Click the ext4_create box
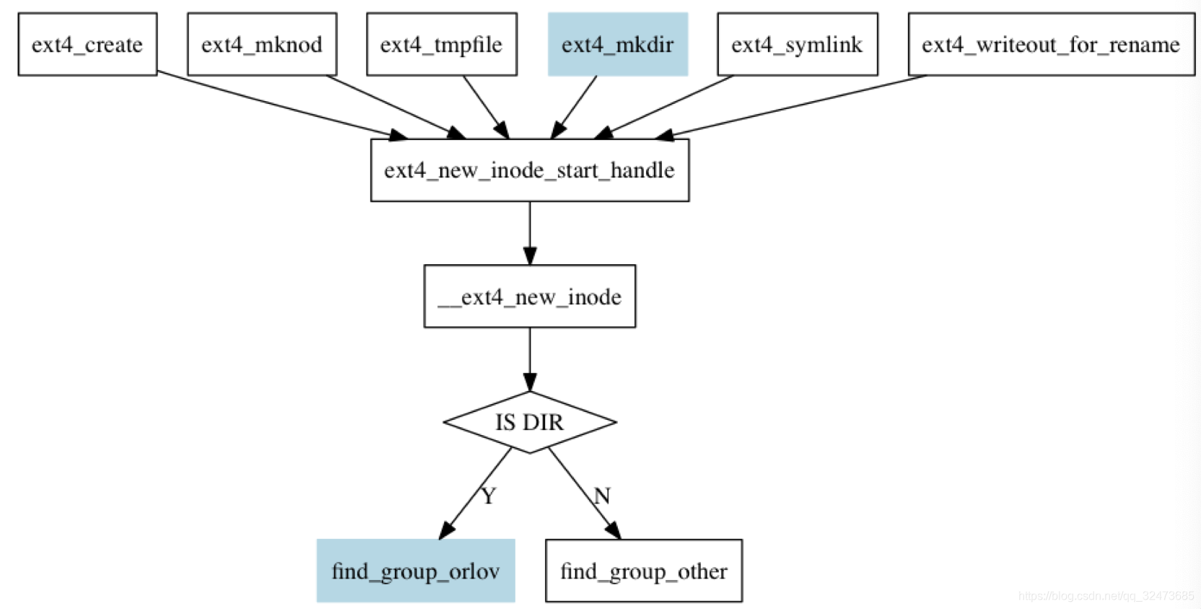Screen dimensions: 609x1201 pyautogui.click(x=87, y=44)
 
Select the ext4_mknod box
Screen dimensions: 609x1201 pyautogui.click(x=261, y=44)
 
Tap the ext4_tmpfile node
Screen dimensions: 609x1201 pyautogui.click(x=441, y=44)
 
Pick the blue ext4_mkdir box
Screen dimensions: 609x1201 pyautogui.click(x=618, y=44)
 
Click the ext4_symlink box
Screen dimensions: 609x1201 pyautogui.click(x=797, y=44)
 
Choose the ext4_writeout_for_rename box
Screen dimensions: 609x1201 pyautogui.click(x=1051, y=44)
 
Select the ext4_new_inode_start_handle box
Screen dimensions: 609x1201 pyautogui.click(x=529, y=170)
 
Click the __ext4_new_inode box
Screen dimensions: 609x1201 pyautogui.click(x=529, y=297)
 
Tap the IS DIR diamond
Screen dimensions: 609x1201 pyautogui.click(x=529, y=422)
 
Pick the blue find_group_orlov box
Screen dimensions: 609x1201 pyautogui.click(x=416, y=571)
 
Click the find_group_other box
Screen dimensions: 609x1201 pyautogui.click(x=643, y=571)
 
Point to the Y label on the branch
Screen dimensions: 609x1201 pyautogui.click(x=489, y=496)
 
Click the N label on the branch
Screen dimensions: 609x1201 pyautogui.click(x=602, y=496)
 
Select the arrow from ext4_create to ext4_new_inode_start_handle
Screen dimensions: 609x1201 pyautogui.click(x=281, y=105)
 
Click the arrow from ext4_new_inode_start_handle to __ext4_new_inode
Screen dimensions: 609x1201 pyautogui.click(x=529, y=232)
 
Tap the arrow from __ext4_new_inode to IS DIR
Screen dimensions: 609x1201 pyautogui.click(x=529, y=359)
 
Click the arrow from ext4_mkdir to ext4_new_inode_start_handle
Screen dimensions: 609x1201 pyautogui.click(x=575, y=107)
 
